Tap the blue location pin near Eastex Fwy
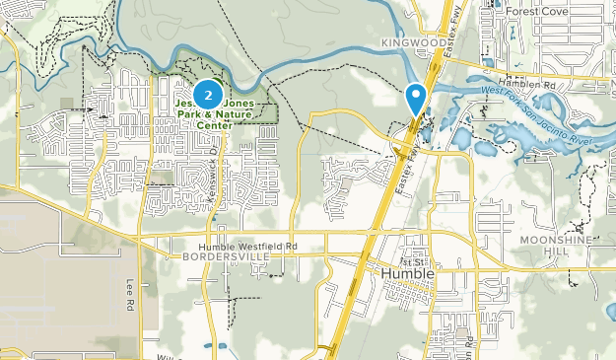pos(417,97)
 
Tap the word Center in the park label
pos(216,125)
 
